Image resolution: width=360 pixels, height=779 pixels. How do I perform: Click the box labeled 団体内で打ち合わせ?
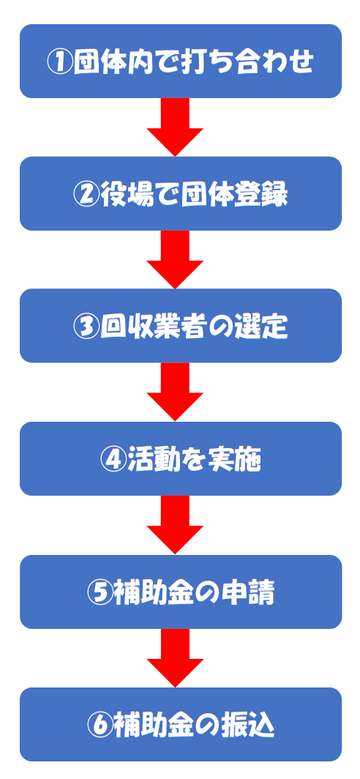[x=180, y=61]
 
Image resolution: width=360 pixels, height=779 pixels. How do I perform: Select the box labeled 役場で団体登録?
[x=180, y=194]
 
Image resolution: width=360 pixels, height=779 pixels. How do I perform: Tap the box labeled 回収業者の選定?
[x=180, y=327]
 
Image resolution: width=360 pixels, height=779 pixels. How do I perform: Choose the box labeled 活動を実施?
[x=180, y=459]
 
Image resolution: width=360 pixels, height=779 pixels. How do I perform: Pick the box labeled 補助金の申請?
[x=180, y=592]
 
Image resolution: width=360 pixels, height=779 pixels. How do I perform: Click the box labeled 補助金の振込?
[x=180, y=725]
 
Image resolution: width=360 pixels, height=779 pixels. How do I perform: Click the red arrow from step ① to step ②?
[x=175, y=126]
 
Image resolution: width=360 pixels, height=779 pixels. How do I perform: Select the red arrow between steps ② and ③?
[x=175, y=258]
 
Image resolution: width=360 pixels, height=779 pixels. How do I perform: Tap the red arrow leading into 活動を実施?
[x=175, y=391]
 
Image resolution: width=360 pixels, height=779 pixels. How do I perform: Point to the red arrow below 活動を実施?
[x=175, y=524]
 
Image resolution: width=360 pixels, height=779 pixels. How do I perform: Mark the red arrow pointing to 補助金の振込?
[x=175, y=657]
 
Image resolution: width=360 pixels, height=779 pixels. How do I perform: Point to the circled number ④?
[x=112, y=460]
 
